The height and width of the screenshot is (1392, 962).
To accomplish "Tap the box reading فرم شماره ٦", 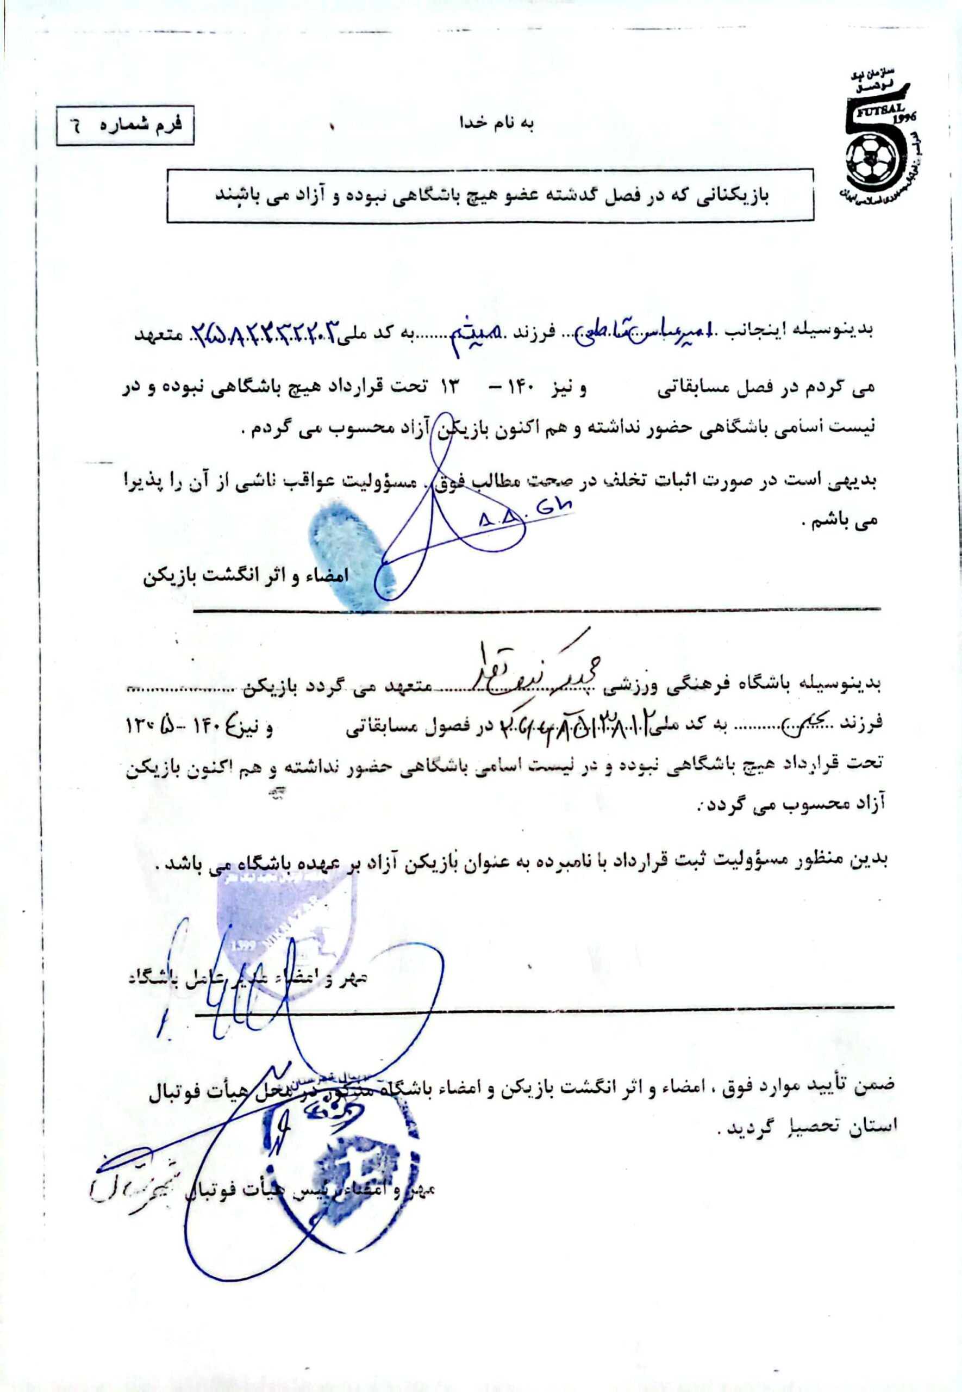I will coord(126,127).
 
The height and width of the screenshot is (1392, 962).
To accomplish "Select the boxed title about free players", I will coord(490,198).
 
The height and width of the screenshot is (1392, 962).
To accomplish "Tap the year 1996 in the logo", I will coord(904,118).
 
